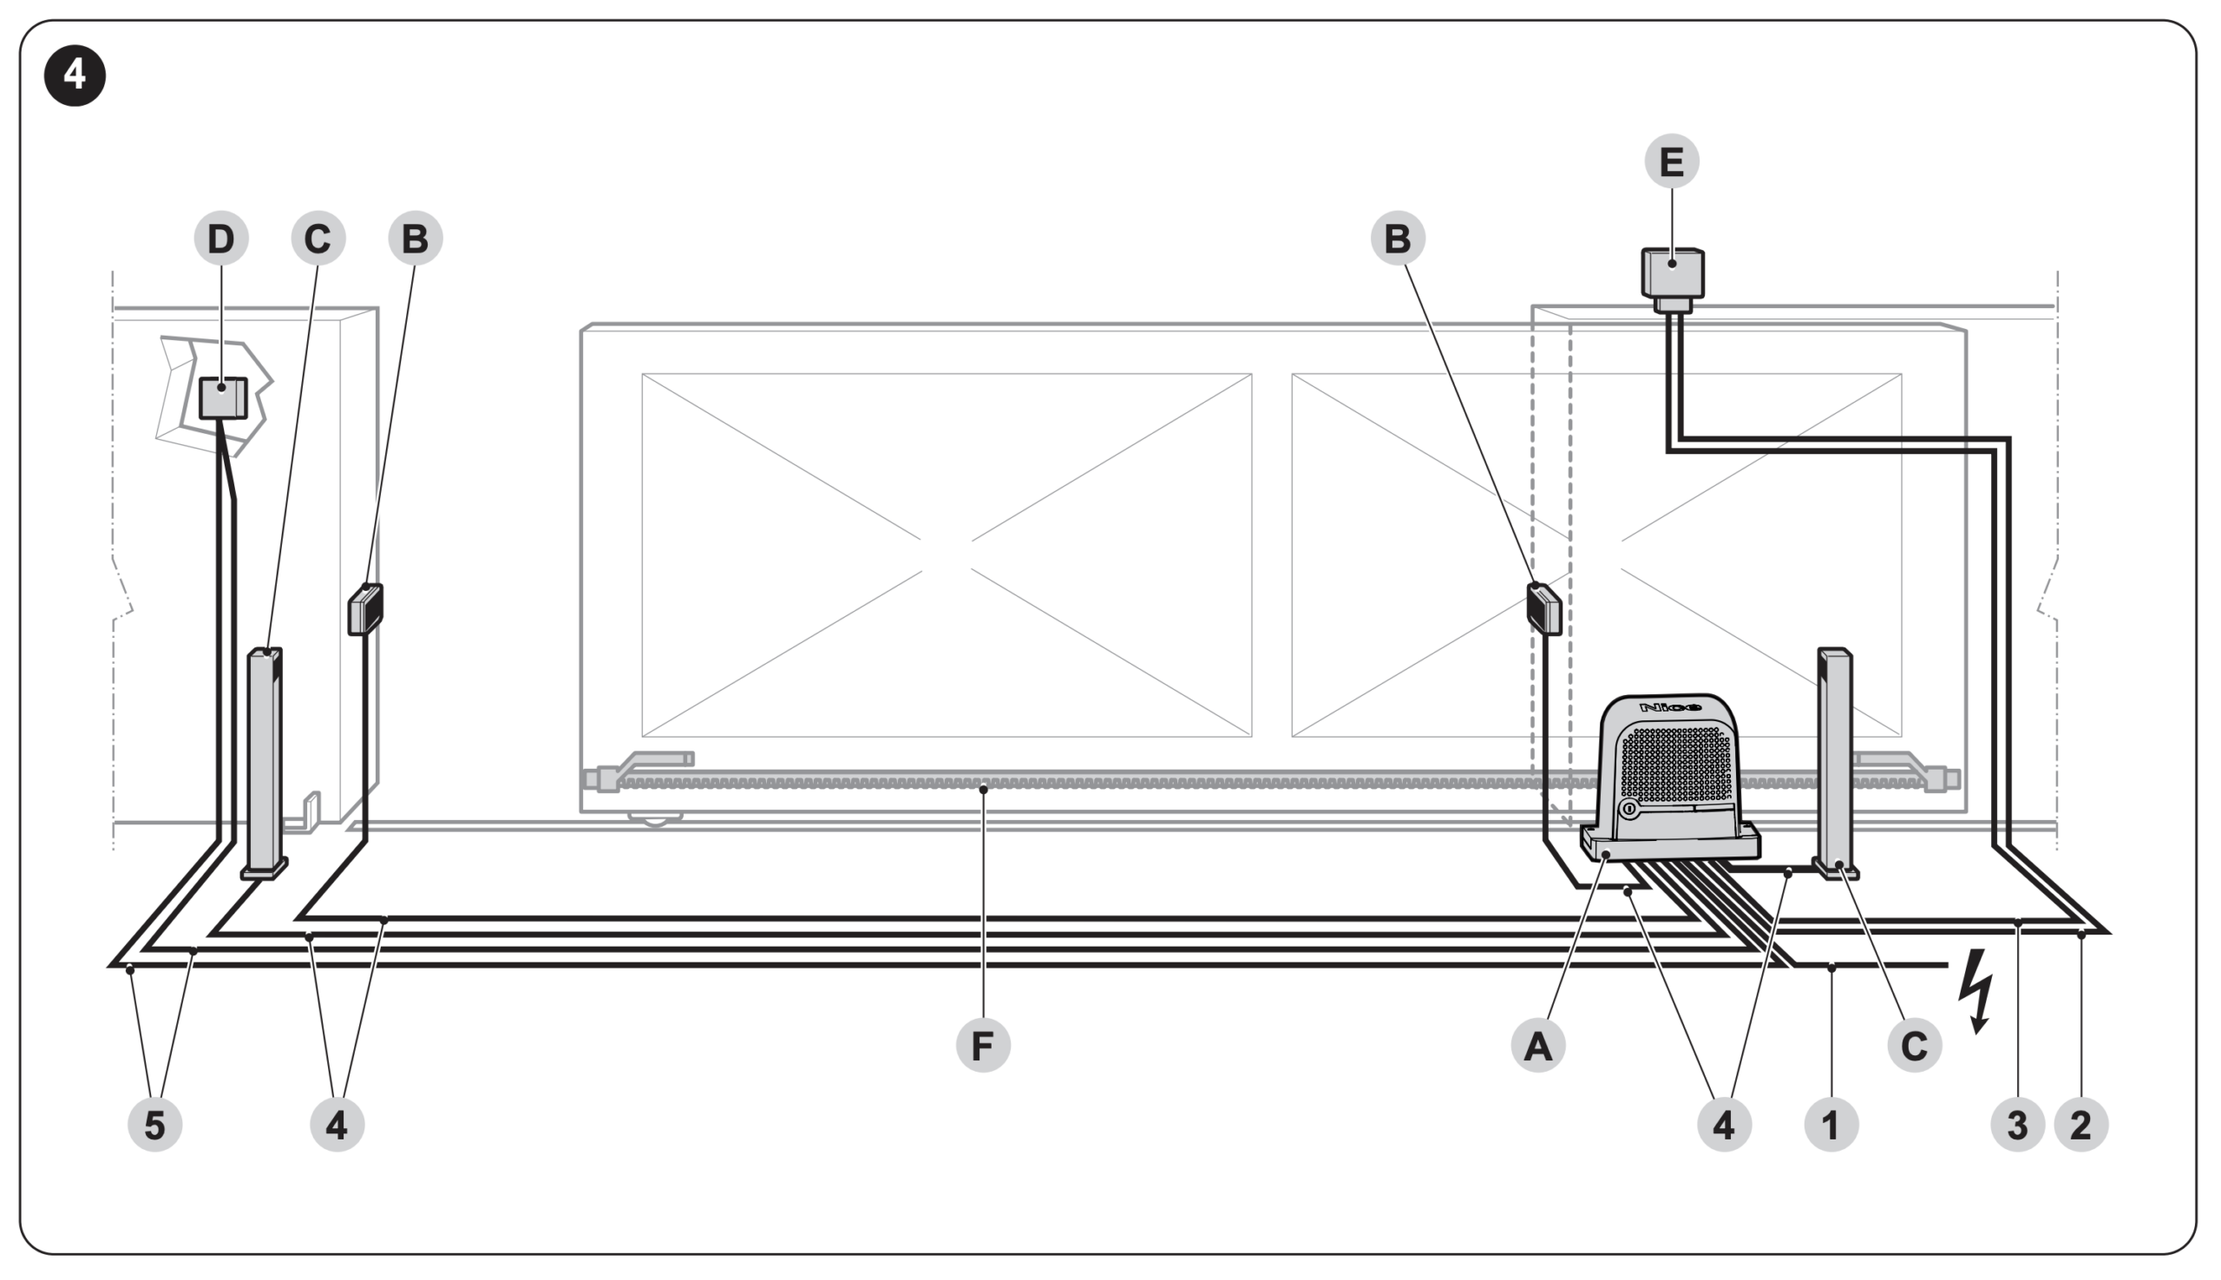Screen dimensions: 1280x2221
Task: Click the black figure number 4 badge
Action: click(x=75, y=75)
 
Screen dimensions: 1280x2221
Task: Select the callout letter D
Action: click(x=221, y=239)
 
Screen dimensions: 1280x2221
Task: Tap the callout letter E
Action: click(x=1671, y=161)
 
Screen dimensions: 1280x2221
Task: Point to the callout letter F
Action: click(x=983, y=1046)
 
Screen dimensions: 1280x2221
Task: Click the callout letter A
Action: click(x=1538, y=1046)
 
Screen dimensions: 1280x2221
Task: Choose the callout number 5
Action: click(x=154, y=1125)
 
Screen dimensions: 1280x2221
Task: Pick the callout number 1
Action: click(x=1831, y=1125)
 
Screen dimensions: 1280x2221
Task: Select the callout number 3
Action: click(x=2018, y=1125)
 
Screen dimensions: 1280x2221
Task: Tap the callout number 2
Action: click(x=2081, y=1125)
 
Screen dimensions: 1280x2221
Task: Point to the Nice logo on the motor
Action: click(x=1669, y=706)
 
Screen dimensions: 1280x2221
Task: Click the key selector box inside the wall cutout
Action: click(x=222, y=398)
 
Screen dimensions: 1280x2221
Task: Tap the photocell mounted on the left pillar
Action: click(x=365, y=609)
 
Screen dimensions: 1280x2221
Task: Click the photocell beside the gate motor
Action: click(x=1544, y=608)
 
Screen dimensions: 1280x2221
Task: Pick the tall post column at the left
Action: click(x=265, y=760)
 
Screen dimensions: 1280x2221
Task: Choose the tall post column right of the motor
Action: click(x=1834, y=760)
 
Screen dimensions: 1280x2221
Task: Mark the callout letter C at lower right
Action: click(x=1914, y=1046)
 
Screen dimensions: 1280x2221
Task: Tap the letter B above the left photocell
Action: click(x=416, y=239)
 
